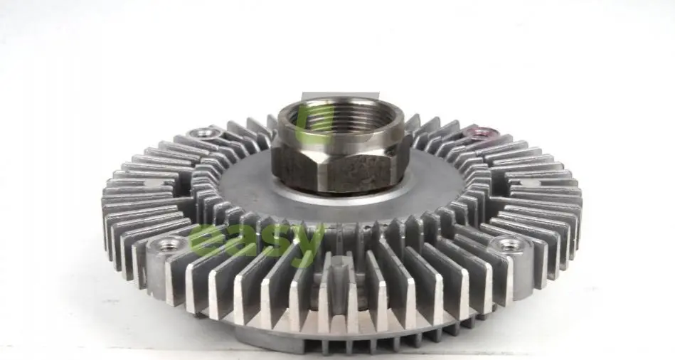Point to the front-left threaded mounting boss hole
[166, 245]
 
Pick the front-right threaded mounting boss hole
[508, 245]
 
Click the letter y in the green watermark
[307, 243]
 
